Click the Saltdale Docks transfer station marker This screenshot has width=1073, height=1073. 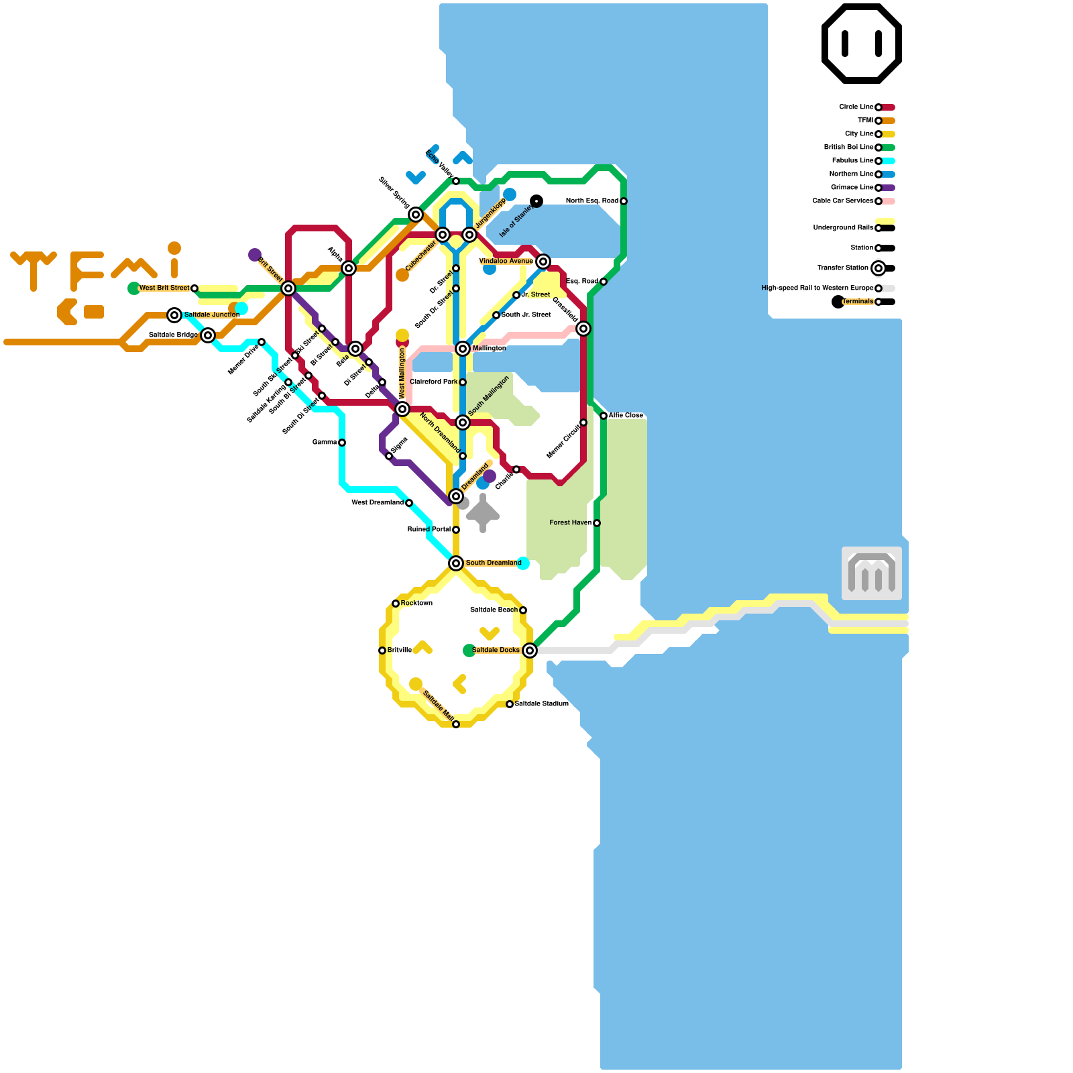[x=530, y=651]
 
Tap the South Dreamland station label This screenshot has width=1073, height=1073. [x=493, y=563]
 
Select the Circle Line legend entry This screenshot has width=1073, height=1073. [x=856, y=107]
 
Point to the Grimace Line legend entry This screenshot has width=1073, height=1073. [x=852, y=188]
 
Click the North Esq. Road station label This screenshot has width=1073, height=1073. [x=591, y=201]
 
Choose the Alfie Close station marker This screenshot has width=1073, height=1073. [x=604, y=416]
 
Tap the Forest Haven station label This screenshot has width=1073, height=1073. [x=570, y=523]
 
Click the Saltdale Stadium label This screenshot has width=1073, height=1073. [x=541, y=704]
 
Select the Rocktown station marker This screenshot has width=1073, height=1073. [x=396, y=604]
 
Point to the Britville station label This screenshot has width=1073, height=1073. [x=400, y=651]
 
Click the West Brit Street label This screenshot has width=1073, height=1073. [x=164, y=288]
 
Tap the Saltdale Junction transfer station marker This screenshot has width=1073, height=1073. [x=174, y=315]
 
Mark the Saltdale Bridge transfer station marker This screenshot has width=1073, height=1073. [x=208, y=335]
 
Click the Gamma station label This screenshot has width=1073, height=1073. [x=325, y=443]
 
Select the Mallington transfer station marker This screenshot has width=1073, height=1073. [x=463, y=349]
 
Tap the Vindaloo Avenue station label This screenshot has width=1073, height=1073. [x=506, y=262]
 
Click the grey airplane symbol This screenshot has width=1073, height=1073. [x=483, y=514]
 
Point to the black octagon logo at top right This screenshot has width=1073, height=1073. [x=862, y=44]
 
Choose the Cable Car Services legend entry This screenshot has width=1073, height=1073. [x=843, y=201]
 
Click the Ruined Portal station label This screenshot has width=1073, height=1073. [x=429, y=530]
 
